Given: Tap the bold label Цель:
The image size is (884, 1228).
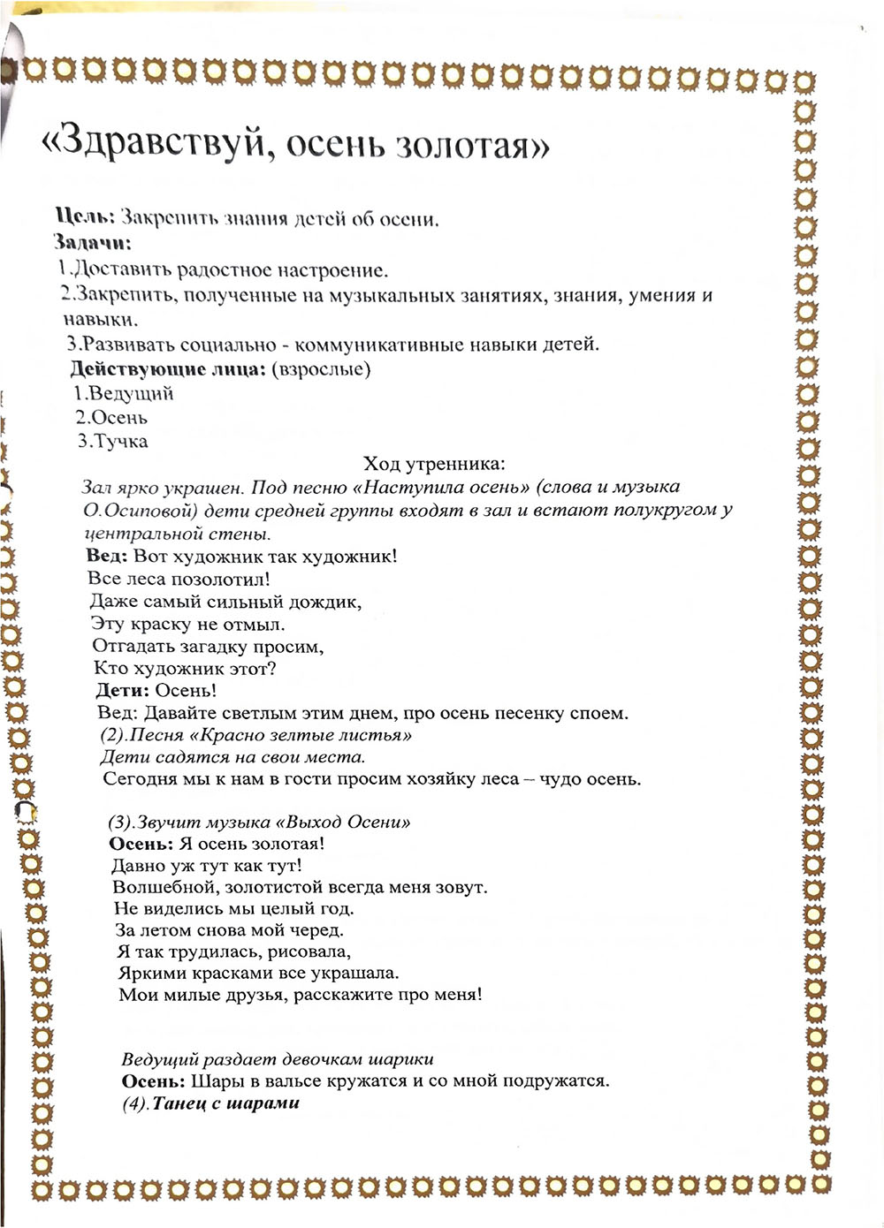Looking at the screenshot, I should coord(85,217).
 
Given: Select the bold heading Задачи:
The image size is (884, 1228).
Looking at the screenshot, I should coord(92,242).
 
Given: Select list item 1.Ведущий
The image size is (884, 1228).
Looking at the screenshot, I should coord(124,393).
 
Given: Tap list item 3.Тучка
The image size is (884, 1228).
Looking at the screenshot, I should coord(112,441).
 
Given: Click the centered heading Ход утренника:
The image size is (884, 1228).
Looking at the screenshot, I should coord(434,463).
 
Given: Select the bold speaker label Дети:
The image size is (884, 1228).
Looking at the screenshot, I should coord(122,690).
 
